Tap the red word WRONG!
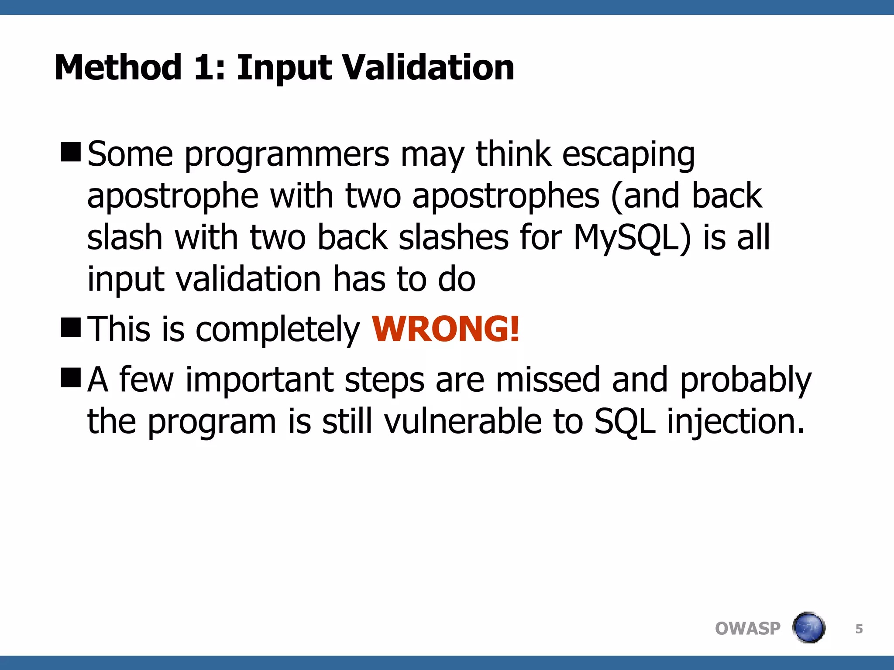445,329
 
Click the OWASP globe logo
808,628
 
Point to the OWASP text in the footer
747,629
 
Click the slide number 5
859,629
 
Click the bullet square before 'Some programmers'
71,152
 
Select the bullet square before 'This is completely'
71,328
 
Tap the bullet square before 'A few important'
71,377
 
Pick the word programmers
287,155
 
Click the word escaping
628,155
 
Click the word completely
278,330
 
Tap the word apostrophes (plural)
505,196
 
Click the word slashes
454,238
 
